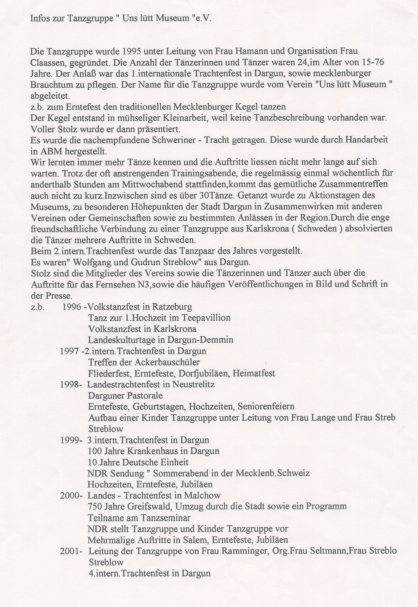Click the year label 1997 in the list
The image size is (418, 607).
69,351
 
